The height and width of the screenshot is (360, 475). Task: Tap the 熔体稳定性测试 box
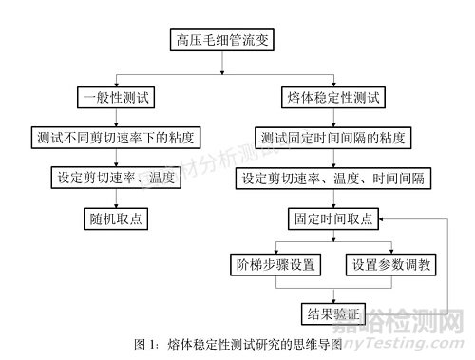point(332,96)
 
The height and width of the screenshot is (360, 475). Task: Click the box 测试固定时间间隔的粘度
point(332,137)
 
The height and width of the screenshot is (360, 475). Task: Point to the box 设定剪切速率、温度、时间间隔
point(332,177)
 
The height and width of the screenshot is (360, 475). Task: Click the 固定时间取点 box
point(332,218)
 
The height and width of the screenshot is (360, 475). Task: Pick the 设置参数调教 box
point(388,263)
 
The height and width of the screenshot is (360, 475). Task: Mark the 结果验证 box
point(332,312)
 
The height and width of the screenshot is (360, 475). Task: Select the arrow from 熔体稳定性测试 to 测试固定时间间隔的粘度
point(332,117)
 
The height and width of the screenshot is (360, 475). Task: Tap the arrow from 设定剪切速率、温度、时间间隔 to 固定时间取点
point(332,198)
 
